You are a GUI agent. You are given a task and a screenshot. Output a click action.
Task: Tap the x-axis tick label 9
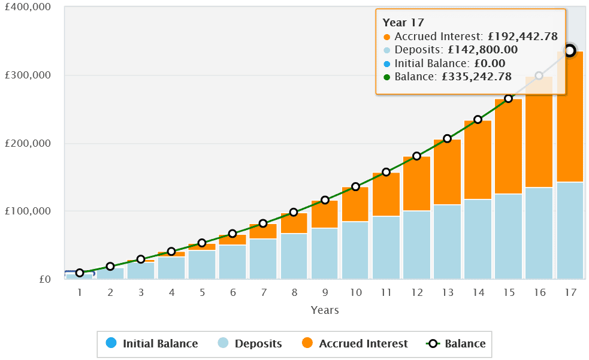click(x=325, y=292)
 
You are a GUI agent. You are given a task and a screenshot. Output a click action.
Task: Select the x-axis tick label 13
click(x=447, y=292)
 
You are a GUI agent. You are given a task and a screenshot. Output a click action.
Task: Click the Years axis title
click(x=325, y=310)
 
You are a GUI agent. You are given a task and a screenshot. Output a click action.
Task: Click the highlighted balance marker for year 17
click(x=570, y=51)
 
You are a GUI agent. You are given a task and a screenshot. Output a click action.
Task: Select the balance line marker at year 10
click(x=355, y=187)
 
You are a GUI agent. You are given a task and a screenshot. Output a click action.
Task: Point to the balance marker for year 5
click(x=202, y=243)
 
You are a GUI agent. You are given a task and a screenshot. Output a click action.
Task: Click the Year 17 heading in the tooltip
click(x=403, y=23)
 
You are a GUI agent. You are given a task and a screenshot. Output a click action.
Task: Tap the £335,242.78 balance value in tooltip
click(x=476, y=77)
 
